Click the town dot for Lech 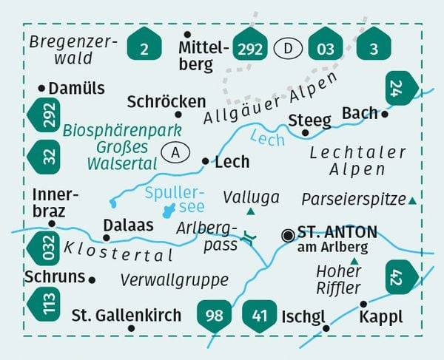(206, 160)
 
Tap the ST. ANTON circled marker (287, 235)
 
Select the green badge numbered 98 (214, 316)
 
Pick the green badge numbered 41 (259, 316)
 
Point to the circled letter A (174, 153)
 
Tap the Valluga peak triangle (250, 212)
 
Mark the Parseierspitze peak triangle (412, 200)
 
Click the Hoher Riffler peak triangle (354, 261)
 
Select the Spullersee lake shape (169, 211)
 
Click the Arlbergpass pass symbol (249, 238)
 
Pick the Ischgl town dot (326, 327)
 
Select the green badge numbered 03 (325, 49)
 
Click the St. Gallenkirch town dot (131, 327)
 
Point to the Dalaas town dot (107, 238)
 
